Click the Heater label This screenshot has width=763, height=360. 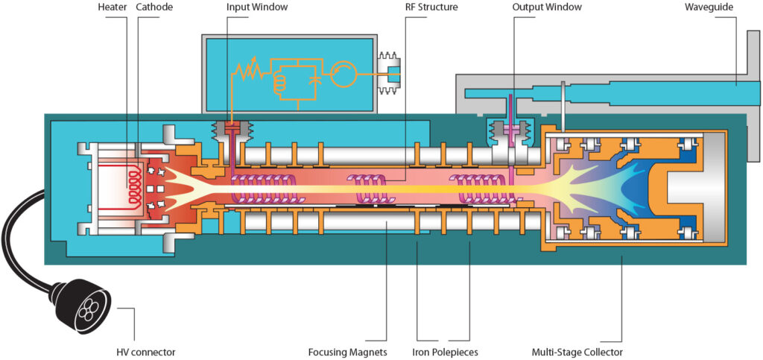pos(112,7)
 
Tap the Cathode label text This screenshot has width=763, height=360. pos(155,7)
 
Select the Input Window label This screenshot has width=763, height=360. pos(256,7)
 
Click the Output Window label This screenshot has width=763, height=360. pos(546,7)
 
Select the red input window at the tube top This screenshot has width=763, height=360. pos(231,131)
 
